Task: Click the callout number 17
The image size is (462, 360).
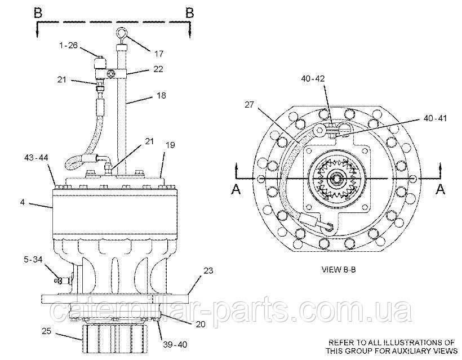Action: [x=159, y=54]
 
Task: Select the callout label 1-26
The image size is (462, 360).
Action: [x=68, y=46]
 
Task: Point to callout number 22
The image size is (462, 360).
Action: [x=158, y=69]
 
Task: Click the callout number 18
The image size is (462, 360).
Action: [x=161, y=95]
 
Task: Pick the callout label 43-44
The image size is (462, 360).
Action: [x=36, y=158]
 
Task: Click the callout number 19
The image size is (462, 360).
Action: [x=170, y=145]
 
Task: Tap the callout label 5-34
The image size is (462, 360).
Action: [x=33, y=260]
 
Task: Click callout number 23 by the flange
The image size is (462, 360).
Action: [x=207, y=270]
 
